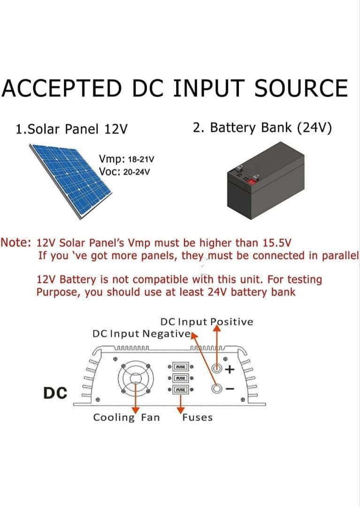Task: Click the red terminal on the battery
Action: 256,178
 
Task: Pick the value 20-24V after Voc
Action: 136,172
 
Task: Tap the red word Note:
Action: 16,243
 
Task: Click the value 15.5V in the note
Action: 275,243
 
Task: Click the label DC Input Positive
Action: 207,322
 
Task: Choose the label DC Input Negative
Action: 141,334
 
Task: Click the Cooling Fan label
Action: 126,417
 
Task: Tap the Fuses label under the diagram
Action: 197,417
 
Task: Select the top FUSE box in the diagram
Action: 180,367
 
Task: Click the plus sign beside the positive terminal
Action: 230,369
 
